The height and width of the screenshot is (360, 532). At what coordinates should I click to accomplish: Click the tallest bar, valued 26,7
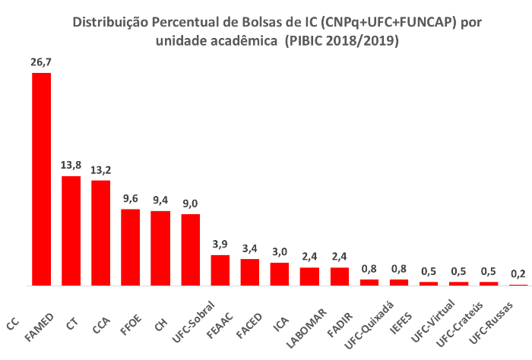(41, 179)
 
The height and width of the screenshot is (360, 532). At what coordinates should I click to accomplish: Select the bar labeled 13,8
(71, 231)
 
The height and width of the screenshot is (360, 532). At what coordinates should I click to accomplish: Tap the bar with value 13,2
(100, 232)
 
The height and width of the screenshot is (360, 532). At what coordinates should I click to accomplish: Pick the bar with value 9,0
(190, 249)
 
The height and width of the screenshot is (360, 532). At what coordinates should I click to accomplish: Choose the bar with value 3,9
(220, 270)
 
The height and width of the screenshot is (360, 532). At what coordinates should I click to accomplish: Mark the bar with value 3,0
(280, 273)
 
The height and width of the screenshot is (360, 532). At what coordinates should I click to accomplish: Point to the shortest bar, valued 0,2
(518, 285)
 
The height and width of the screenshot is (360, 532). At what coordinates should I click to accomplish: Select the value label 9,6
(131, 199)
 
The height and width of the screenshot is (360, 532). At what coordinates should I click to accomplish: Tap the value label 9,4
(160, 201)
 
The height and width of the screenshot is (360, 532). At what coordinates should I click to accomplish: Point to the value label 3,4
(249, 248)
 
